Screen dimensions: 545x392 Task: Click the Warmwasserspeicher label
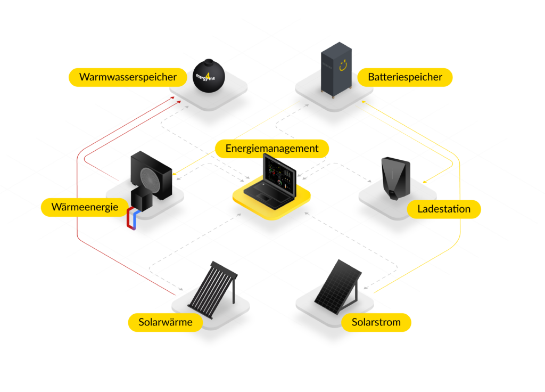pyautogui.click(x=128, y=77)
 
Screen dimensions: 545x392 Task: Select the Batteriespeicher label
pyautogui.click(x=405, y=77)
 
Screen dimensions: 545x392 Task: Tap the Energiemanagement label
pyautogui.click(x=272, y=149)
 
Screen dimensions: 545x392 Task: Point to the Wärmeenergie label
pyautogui.click(x=85, y=207)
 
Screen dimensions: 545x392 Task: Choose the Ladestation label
pyautogui.click(x=444, y=209)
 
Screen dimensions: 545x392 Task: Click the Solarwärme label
pyautogui.click(x=166, y=322)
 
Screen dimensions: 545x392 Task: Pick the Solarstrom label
pyautogui.click(x=376, y=322)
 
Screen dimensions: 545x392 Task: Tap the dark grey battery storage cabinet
pyautogui.click(x=336, y=70)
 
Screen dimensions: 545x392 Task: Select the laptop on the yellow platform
pyautogui.click(x=270, y=184)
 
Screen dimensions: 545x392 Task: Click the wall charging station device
pyautogui.click(x=395, y=178)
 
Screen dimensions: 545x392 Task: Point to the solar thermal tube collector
pyautogui.click(x=213, y=289)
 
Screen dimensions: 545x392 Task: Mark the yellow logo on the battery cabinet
pyautogui.click(x=343, y=65)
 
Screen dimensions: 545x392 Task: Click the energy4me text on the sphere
pyautogui.click(x=205, y=77)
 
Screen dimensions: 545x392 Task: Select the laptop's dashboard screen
pyautogui.click(x=279, y=175)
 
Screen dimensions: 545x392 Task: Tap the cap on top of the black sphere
pyautogui.click(x=209, y=62)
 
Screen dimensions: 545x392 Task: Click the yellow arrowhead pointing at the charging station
pyautogui.click(x=425, y=182)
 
